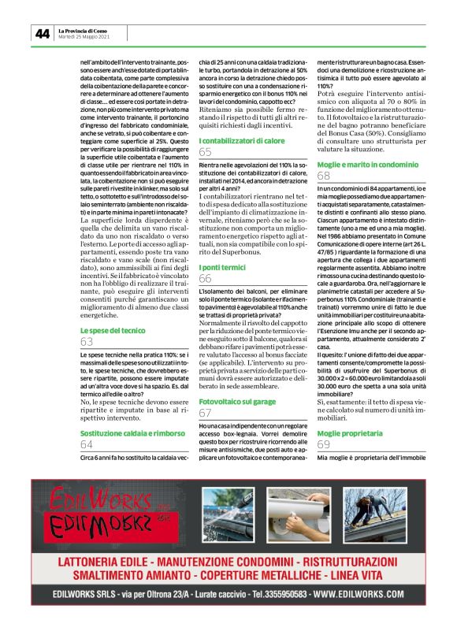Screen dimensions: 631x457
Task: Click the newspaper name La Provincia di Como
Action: (83, 31)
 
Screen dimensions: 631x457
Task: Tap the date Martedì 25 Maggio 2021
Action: (84, 37)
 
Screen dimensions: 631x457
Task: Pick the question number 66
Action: (206, 279)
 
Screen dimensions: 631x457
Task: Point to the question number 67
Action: (206, 413)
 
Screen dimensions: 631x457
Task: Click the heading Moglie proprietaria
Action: (344, 433)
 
